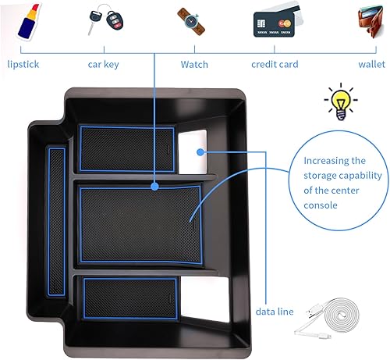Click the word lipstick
point(23,65)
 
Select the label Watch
point(194,65)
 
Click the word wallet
point(367,65)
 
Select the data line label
point(275,312)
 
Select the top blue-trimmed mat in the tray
point(126,148)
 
